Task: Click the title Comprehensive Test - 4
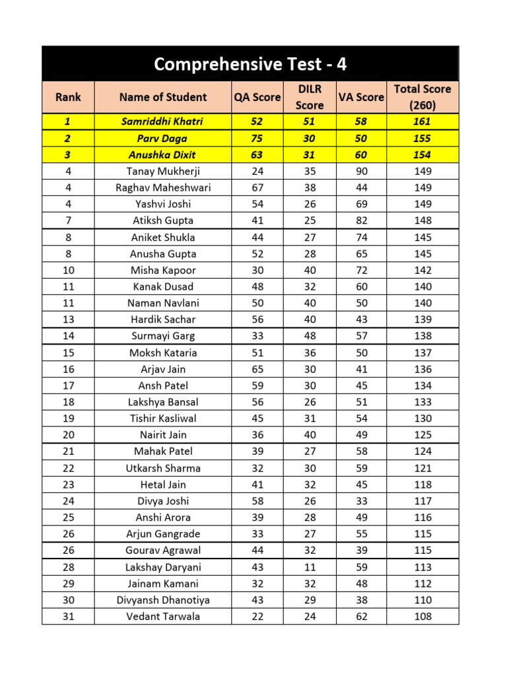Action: pyautogui.click(x=250, y=64)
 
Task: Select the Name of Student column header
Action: pyautogui.click(x=163, y=97)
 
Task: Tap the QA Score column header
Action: pyautogui.click(x=257, y=97)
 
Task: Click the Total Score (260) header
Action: pyautogui.click(x=422, y=97)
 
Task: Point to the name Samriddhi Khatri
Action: pyautogui.click(x=163, y=121)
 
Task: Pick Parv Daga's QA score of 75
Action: pyautogui.click(x=257, y=138)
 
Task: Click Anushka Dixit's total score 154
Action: pyautogui.click(x=422, y=154)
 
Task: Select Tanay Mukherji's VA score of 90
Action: pyautogui.click(x=360, y=171)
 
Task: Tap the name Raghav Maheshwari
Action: pyautogui.click(x=163, y=187)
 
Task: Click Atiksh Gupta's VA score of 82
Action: pyautogui.click(x=360, y=220)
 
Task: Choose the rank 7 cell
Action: pyautogui.click(x=69, y=220)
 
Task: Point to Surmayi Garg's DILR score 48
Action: pyautogui.click(x=310, y=336)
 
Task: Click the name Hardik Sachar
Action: pyautogui.click(x=163, y=320)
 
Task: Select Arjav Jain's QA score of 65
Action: pyautogui.click(x=257, y=369)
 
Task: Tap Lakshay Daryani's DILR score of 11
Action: pyautogui.click(x=310, y=567)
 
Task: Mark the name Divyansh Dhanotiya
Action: pyautogui.click(x=163, y=600)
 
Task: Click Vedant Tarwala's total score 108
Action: pyautogui.click(x=422, y=617)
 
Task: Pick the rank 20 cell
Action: pyautogui.click(x=69, y=435)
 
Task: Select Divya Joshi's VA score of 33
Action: pyautogui.click(x=360, y=501)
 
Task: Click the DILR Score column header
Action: pyautogui.click(x=310, y=97)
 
